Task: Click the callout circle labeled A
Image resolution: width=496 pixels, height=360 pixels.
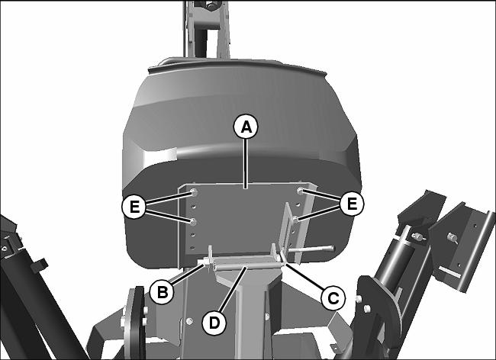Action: pyautogui.click(x=246, y=127)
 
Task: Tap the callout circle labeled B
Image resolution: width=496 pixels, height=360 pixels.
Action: pyautogui.click(x=162, y=292)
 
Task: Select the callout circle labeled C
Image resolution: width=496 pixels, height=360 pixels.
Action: pyautogui.click(x=333, y=297)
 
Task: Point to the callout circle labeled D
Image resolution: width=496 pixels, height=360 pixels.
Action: pyautogui.click(x=214, y=323)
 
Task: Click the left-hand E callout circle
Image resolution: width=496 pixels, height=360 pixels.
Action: pyautogui.click(x=134, y=207)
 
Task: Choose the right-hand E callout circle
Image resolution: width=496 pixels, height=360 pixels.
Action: pyautogui.click(x=352, y=204)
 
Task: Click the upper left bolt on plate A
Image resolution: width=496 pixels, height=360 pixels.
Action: pyautogui.click(x=195, y=192)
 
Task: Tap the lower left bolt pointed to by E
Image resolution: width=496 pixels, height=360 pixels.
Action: pyautogui.click(x=193, y=222)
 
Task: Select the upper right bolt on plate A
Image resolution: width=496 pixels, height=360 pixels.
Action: pyautogui.click(x=301, y=191)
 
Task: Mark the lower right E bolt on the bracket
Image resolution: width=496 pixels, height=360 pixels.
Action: pyautogui.click(x=295, y=219)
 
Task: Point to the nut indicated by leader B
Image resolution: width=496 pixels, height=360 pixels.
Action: pyautogui.click(x=206, y=262)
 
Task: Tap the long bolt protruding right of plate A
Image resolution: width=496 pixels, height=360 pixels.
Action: pyautogui.click(x=311, y=249)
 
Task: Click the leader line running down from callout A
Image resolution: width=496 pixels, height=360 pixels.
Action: pyautogui.click(x=246, y=163)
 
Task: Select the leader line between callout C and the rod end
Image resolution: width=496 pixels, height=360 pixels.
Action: pyautogui.click(x=304, y=276)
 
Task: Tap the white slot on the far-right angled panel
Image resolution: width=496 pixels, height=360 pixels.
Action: pyautogui.click(x=449, y=272)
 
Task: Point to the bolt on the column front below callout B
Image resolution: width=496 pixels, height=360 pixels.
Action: pyautogui.click(x=189, y=321)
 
